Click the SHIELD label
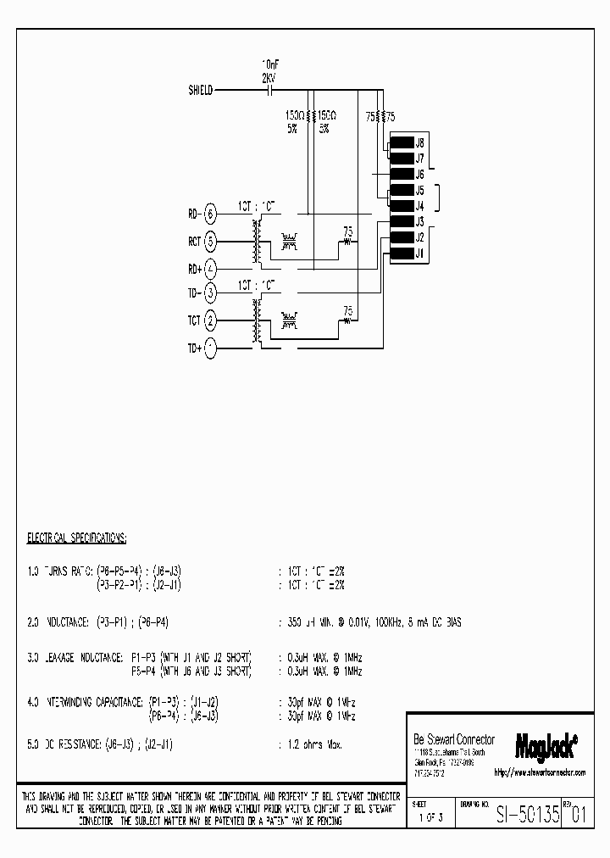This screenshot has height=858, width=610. coord(201,89)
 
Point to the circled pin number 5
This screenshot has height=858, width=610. coord(211,241)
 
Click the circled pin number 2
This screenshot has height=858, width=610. coord(211,320)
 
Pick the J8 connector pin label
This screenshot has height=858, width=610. coord(419,143)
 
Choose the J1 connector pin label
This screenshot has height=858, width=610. coord(419,253)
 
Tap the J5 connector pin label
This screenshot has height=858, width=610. coord(419,191)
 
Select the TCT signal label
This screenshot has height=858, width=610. coord(195,320)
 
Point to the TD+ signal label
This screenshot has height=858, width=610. coord(195,348)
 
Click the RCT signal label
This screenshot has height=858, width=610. coord(195,241)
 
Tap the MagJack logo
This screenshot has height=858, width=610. coord(546,744)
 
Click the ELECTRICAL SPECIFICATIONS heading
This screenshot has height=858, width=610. coord(77,538)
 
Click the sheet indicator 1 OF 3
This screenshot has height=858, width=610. coord(431,820)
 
